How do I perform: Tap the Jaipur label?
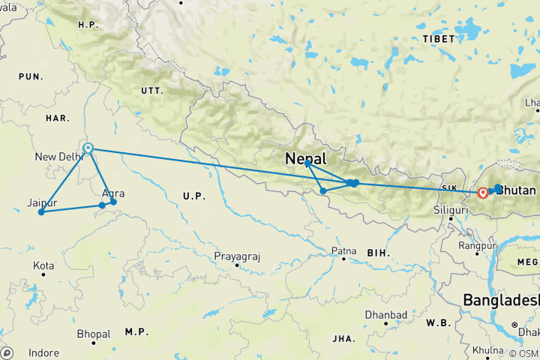point(42,202)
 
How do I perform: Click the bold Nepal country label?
point(306,159)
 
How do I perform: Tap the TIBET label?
point(439,38)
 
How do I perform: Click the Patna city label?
point(343,250)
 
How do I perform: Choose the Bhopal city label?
point(93,334)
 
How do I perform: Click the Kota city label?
point(43,266)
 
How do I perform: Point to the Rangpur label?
point(480,245)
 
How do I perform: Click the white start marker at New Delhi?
point(88,148)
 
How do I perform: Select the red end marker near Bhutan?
point(482,193)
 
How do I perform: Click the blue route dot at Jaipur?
point(41,212)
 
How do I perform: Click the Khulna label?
point(488,350)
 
